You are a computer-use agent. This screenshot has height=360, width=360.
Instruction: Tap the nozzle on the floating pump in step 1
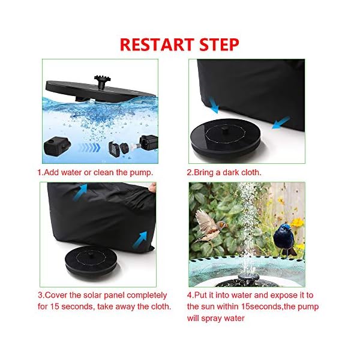(100, 80)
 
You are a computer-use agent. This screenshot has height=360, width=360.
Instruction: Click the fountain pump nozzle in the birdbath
(247, 277)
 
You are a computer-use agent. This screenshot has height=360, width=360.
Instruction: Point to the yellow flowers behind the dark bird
(296, 223)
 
